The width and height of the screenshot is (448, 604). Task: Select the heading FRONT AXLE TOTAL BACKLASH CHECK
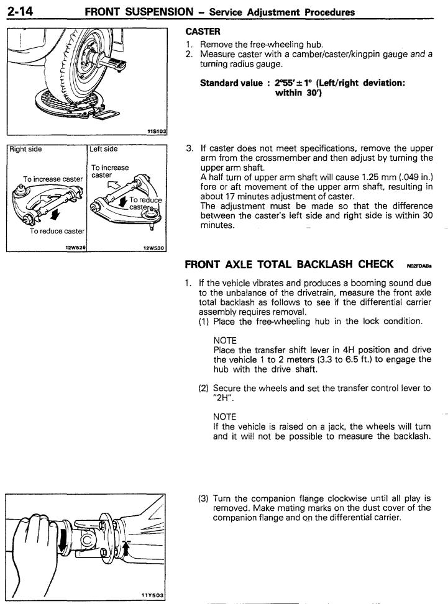point(289,264)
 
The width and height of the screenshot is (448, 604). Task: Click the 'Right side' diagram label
point(27,150)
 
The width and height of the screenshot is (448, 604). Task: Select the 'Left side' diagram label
point(105,150)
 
